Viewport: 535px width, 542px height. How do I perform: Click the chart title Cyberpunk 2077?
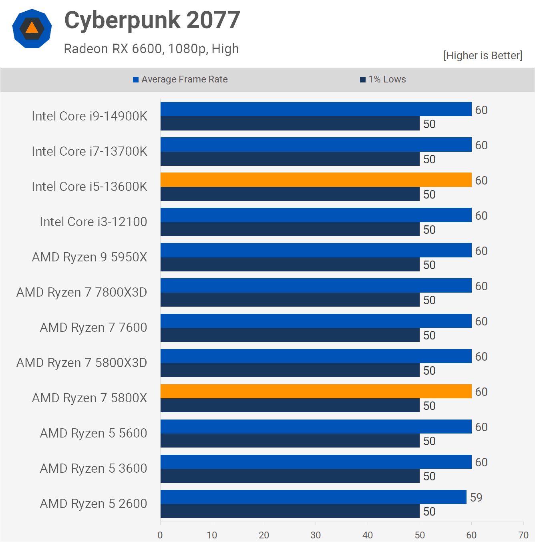point(152,20)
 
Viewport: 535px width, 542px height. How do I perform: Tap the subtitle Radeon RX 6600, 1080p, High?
point(151,49)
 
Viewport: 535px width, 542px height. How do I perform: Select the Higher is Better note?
point(483,56)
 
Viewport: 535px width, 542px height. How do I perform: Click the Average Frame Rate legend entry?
point(180,79)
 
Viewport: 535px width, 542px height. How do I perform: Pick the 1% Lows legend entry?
point(383,79)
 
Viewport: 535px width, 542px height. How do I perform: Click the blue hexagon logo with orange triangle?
point(32,28)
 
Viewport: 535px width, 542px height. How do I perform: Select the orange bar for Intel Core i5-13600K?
point(316,180)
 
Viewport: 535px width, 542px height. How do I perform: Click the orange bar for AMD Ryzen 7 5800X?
point(316,391)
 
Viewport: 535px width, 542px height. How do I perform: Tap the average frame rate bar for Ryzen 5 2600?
point(313,497)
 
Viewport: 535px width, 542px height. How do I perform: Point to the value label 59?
point(476,498)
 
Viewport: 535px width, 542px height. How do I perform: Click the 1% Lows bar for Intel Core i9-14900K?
point(290,123)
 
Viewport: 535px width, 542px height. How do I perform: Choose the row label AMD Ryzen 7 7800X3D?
point(82,292)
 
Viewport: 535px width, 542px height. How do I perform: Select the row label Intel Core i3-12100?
point(93,222)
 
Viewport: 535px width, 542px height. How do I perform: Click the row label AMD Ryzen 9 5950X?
point(89,257)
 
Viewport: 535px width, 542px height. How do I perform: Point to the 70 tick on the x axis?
point(523,535)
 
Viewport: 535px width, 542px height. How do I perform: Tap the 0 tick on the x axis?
point(160,535)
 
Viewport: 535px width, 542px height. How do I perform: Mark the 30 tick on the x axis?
point(316,535)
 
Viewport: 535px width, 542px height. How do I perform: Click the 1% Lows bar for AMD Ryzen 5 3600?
point(290,476)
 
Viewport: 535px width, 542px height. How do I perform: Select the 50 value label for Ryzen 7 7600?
point(429,335)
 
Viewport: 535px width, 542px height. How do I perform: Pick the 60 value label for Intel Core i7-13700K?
point(481,145)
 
